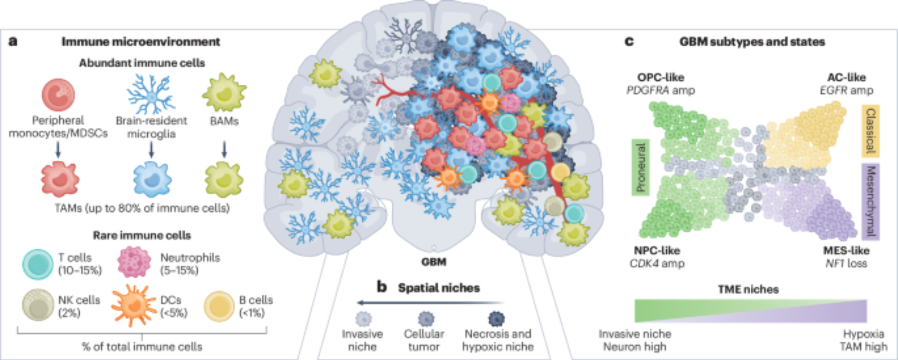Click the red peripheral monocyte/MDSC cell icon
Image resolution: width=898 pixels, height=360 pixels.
[58, 95]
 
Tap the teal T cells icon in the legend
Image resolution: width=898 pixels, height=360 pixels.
[38, 264]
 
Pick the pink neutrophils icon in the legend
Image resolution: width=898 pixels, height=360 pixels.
[134, 262]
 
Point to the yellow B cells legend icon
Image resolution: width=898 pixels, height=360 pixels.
[219, 307]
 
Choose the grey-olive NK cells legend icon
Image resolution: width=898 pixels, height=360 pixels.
[38, 305]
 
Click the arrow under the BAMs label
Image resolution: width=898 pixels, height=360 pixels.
[224, 150]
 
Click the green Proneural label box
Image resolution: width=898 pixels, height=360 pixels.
[640, 167]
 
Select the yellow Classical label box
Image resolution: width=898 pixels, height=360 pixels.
[870, 131]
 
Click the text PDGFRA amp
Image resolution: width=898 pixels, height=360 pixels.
[660, 90]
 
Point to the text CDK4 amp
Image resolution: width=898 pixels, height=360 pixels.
[657, 263]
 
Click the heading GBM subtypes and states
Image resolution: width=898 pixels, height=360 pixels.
[752, 42]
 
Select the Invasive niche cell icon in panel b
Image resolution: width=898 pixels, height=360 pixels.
[363, 319]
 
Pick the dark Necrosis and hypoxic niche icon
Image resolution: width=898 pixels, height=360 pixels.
[497, 319]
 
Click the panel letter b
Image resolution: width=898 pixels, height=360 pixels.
[382, 286]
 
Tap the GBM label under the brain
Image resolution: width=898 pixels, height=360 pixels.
[434, 262]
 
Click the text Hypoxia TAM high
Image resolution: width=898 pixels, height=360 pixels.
[863, 340]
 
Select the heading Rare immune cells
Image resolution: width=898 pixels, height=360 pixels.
[142, 235]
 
